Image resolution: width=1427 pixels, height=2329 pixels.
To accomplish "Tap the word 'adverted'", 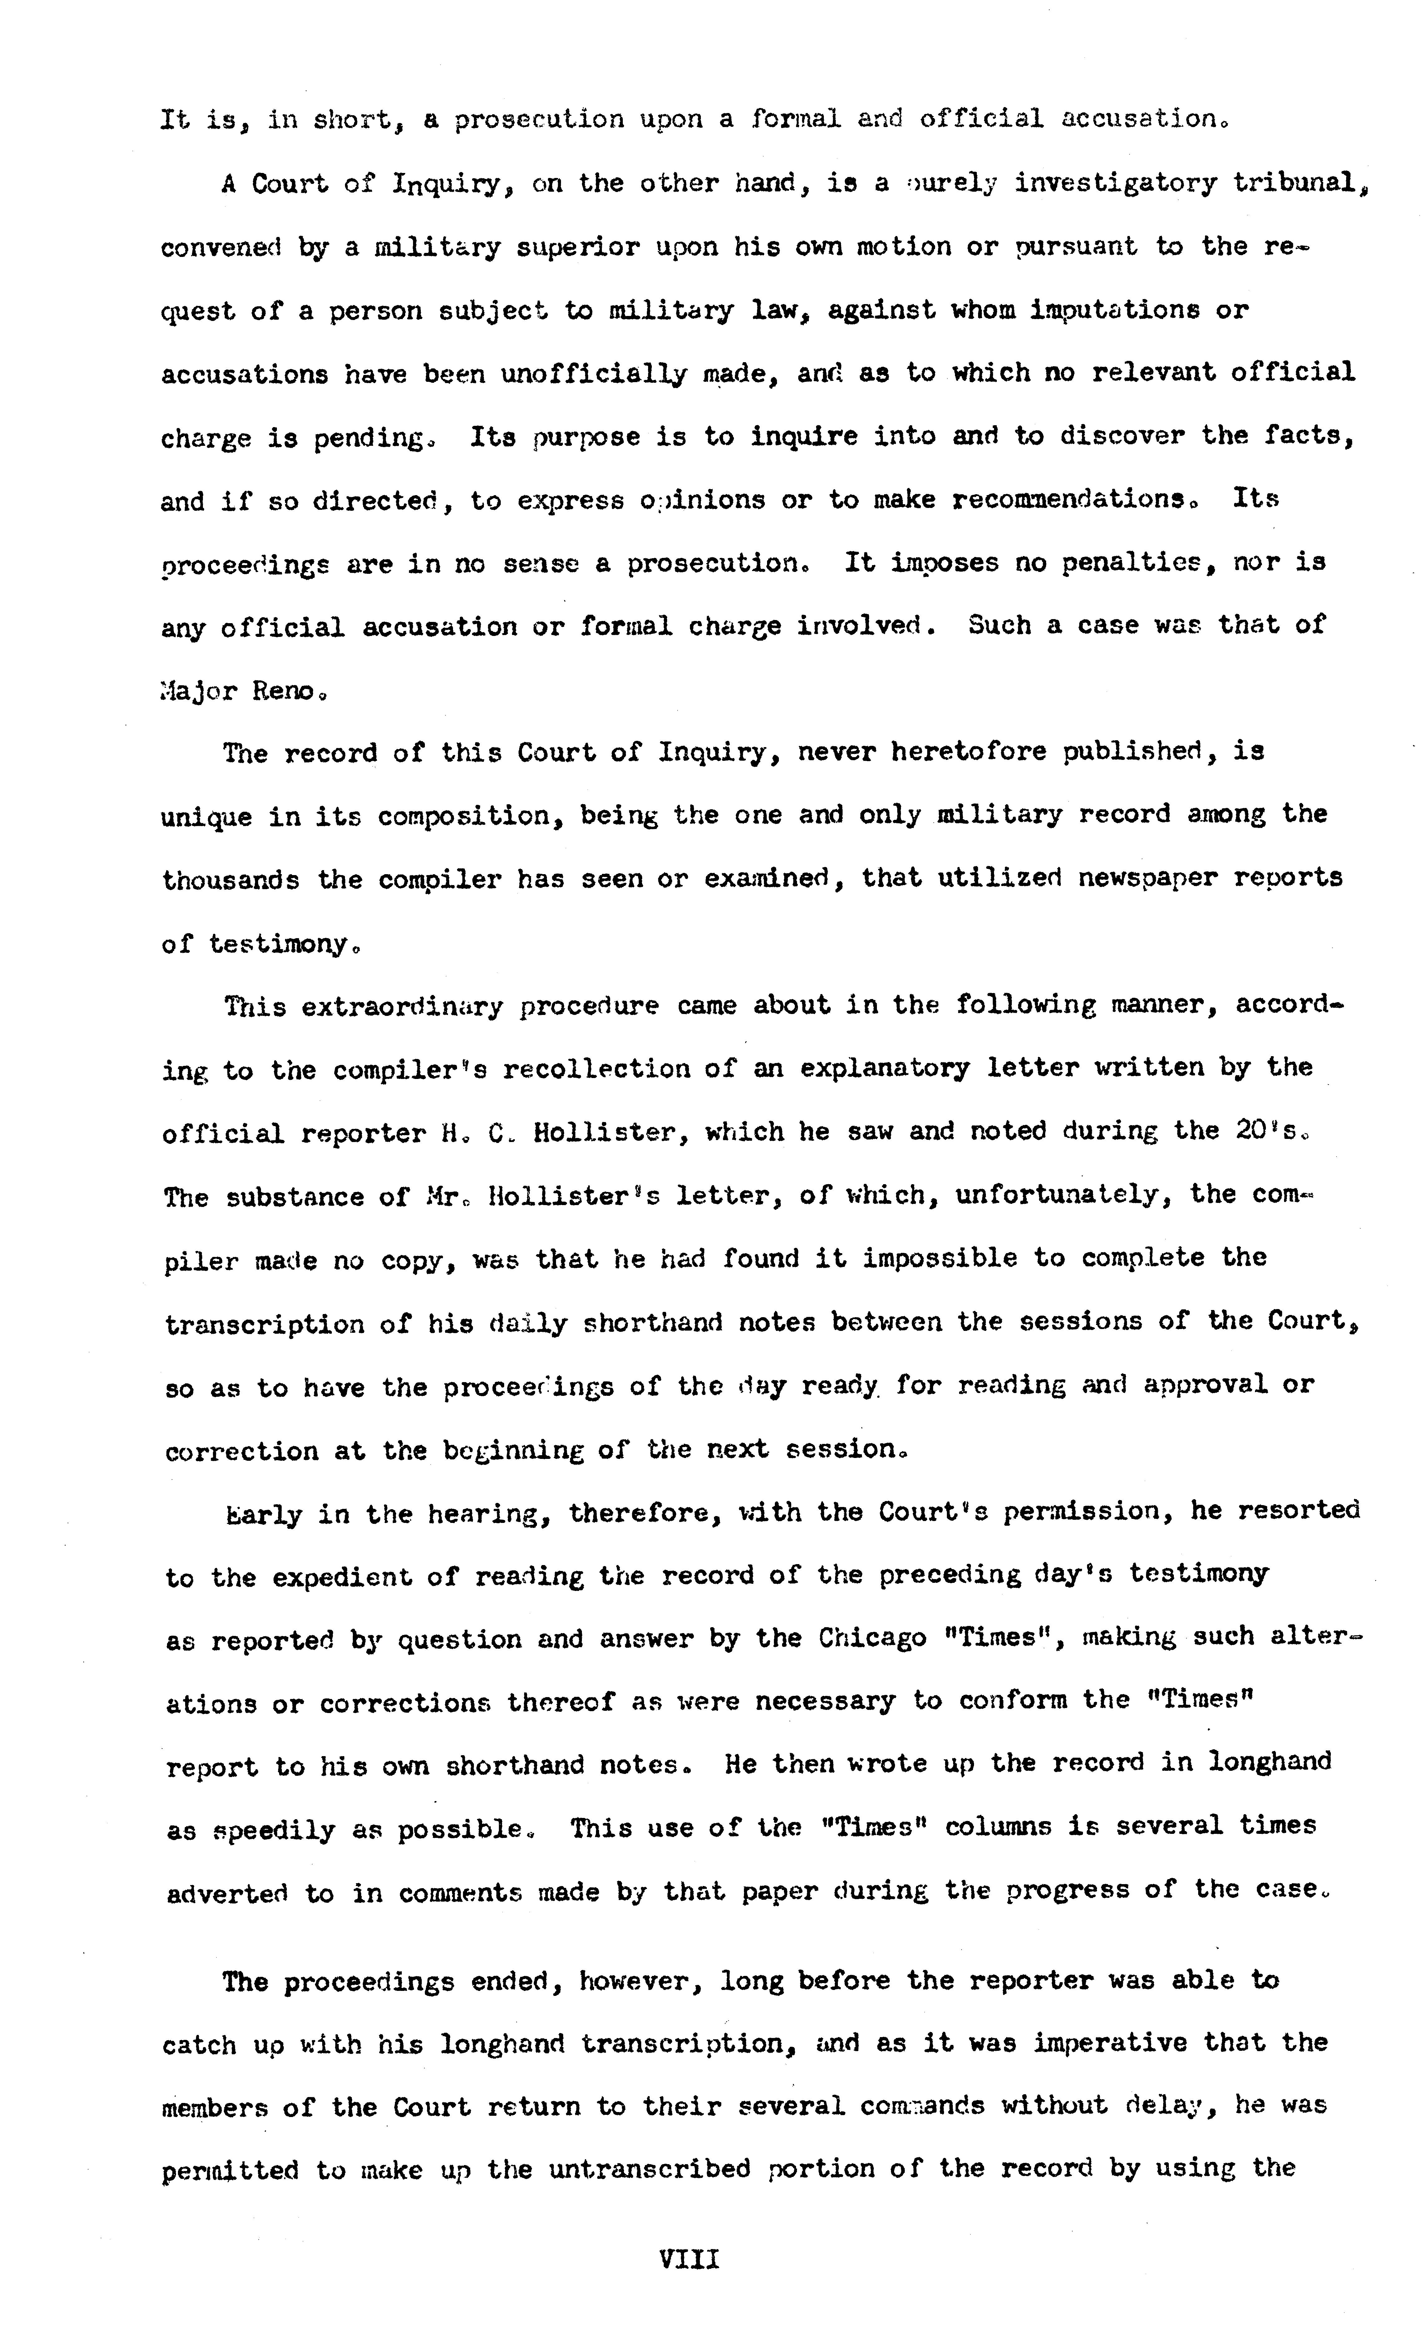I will click(x=227, y=1893).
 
